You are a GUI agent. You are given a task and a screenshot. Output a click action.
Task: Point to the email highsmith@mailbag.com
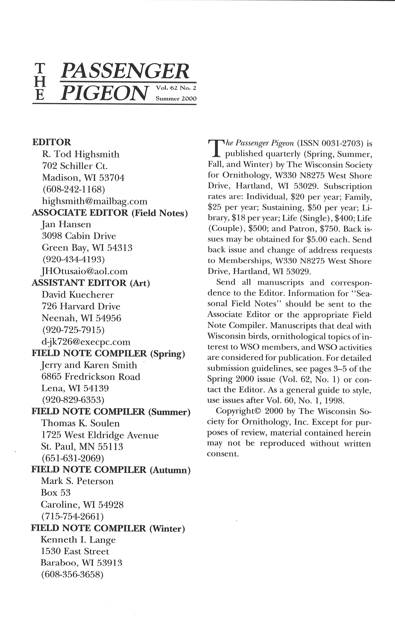click(x=95, y=201)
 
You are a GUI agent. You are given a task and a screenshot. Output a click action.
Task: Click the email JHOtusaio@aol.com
click(x=85, y=271)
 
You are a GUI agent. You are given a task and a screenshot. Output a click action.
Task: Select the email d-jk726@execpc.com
click(x=86, y=342)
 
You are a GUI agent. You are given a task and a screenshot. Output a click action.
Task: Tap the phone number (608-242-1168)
click(x=74, y=189)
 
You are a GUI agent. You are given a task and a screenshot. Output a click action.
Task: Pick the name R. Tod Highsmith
click(x=81, y=154)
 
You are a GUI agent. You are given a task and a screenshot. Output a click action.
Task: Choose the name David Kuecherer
click(x=78, y=295)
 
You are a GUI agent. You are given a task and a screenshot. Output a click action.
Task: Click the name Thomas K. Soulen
click(x=80, y=423)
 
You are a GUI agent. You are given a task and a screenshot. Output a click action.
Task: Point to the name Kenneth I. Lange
click(x=78, y=539)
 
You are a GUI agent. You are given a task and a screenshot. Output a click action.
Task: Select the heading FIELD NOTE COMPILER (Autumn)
click(x=111, y=470)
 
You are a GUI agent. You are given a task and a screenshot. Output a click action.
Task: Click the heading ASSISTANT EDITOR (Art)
click(x=91, y=283)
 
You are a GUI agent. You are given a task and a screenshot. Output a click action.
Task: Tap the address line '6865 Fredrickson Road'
click(x=91, y=377)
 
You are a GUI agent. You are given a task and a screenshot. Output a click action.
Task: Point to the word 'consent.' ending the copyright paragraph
click(x=223, y=454)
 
